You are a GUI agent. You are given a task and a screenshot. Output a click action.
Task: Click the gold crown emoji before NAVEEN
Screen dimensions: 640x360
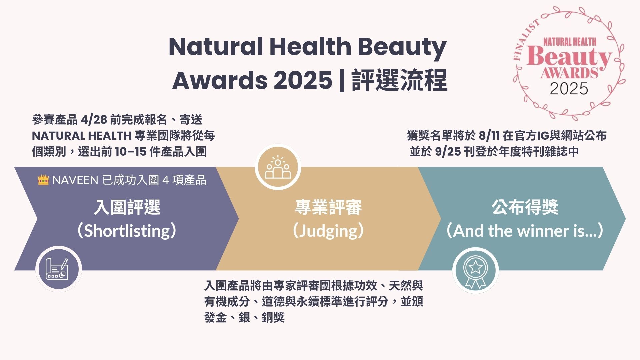(x=43, y=180)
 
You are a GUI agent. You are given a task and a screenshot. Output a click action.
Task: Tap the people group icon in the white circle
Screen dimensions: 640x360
(x=278, y=167)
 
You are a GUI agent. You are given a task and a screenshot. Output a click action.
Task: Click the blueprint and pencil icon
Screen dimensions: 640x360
(x=57, y=269)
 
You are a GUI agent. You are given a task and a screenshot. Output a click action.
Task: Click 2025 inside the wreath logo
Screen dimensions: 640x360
(x=569, y=89)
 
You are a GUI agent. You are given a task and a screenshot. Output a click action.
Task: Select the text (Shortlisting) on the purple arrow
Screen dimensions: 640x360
(x=127, y=231)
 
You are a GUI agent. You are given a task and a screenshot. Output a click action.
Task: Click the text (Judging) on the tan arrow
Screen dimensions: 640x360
(x=328, y=231)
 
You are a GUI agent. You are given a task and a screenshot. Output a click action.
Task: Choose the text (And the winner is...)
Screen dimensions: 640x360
(x=525, y=231)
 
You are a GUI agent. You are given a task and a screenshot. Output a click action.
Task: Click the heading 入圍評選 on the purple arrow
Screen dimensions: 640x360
(x=127, y=207)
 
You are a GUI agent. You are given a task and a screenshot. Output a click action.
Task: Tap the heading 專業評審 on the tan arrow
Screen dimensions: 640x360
(x=328, y=207)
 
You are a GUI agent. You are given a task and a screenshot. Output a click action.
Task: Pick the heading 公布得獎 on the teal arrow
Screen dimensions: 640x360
(x=525, y=207)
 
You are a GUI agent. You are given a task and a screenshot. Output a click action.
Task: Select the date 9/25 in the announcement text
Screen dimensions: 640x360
(x=448, y=152)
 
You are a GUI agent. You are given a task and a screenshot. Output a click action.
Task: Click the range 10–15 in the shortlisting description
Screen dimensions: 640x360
(x=131, y=152)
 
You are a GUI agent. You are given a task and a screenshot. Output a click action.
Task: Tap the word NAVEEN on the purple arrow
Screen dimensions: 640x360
(x=75, y=180)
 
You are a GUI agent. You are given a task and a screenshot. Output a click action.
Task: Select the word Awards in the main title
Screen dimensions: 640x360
(x=219, y=80)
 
